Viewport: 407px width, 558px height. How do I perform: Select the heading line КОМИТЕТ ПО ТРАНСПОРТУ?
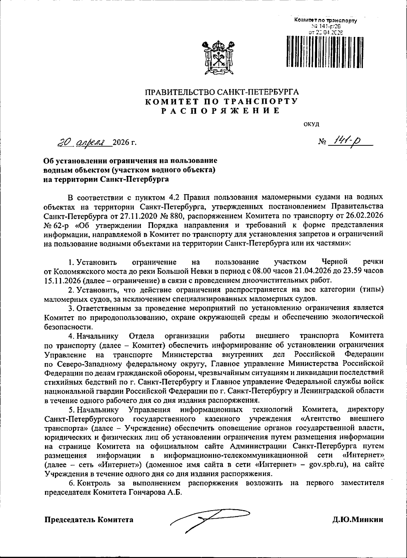click(x=221, y=101)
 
